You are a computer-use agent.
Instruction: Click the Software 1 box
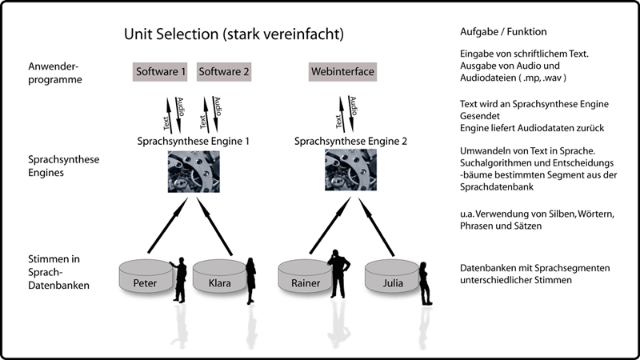(161, 72)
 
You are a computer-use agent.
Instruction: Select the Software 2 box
(223, 72)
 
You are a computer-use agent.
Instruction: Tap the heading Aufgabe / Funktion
(504, 32)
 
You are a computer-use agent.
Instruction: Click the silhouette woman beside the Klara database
(250, 280)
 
